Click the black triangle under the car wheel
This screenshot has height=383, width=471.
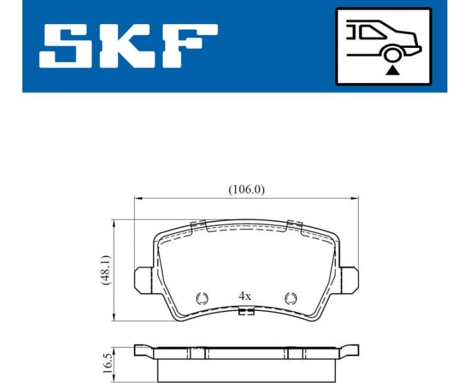tap(391, 71)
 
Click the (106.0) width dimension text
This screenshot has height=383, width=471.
tap(246, 190)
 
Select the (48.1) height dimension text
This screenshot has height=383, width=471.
tap(106, 269)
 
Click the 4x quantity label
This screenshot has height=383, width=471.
tap(245, 296)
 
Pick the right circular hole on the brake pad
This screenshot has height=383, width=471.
tap(291, 297)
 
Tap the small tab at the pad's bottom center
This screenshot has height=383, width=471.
tap(246, 312)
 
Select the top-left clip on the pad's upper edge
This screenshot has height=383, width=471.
tap(198, 224)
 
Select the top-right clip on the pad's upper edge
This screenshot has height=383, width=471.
tap(294, 224)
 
